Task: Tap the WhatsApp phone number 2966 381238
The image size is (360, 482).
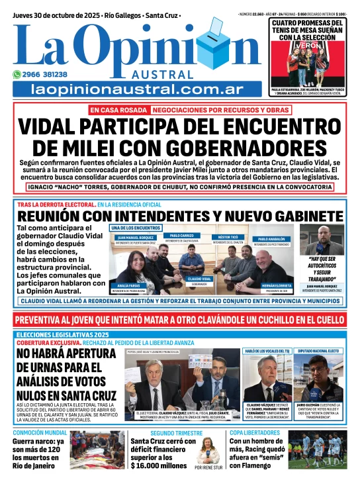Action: (x=44, y=74)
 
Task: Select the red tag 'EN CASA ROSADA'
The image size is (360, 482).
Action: (x=118, y=110)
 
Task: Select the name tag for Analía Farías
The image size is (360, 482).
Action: (x=130, y=287)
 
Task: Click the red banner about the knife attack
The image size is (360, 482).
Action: (x=180, y=320)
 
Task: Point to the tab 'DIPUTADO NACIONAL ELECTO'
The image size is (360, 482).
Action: (x=319, y=350)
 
